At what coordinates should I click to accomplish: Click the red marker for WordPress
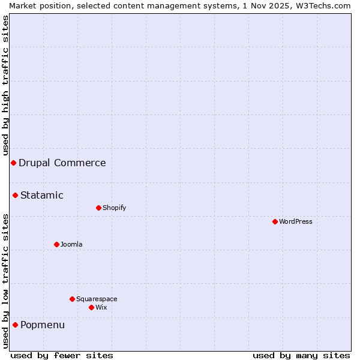tap(275, 221)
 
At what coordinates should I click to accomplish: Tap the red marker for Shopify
tap(98, 208)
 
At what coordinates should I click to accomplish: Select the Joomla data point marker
tap(56, 244)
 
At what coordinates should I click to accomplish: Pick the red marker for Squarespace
tap(72, 299)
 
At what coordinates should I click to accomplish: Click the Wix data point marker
tap(91, 307)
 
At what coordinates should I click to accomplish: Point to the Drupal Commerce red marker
tap(13, 163)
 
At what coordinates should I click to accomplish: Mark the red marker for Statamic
tap(15, 195)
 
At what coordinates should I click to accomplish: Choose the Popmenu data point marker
tap(15, 325)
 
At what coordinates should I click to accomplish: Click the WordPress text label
tap(296, 221)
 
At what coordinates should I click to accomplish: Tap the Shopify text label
tap(115, 208)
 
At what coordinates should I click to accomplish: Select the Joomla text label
tap(71, 244)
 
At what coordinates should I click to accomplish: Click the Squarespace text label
tap(97, 299)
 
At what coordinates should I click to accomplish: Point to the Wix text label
tap(101, 307)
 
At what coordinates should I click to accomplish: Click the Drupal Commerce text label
tap(62, 163)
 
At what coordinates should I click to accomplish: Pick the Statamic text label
tap(42, 195)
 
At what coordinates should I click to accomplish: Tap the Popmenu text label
tap(43, 325)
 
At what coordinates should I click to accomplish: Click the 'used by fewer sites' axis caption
tap(62, 355)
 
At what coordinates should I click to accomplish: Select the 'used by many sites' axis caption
tap(301, 355)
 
